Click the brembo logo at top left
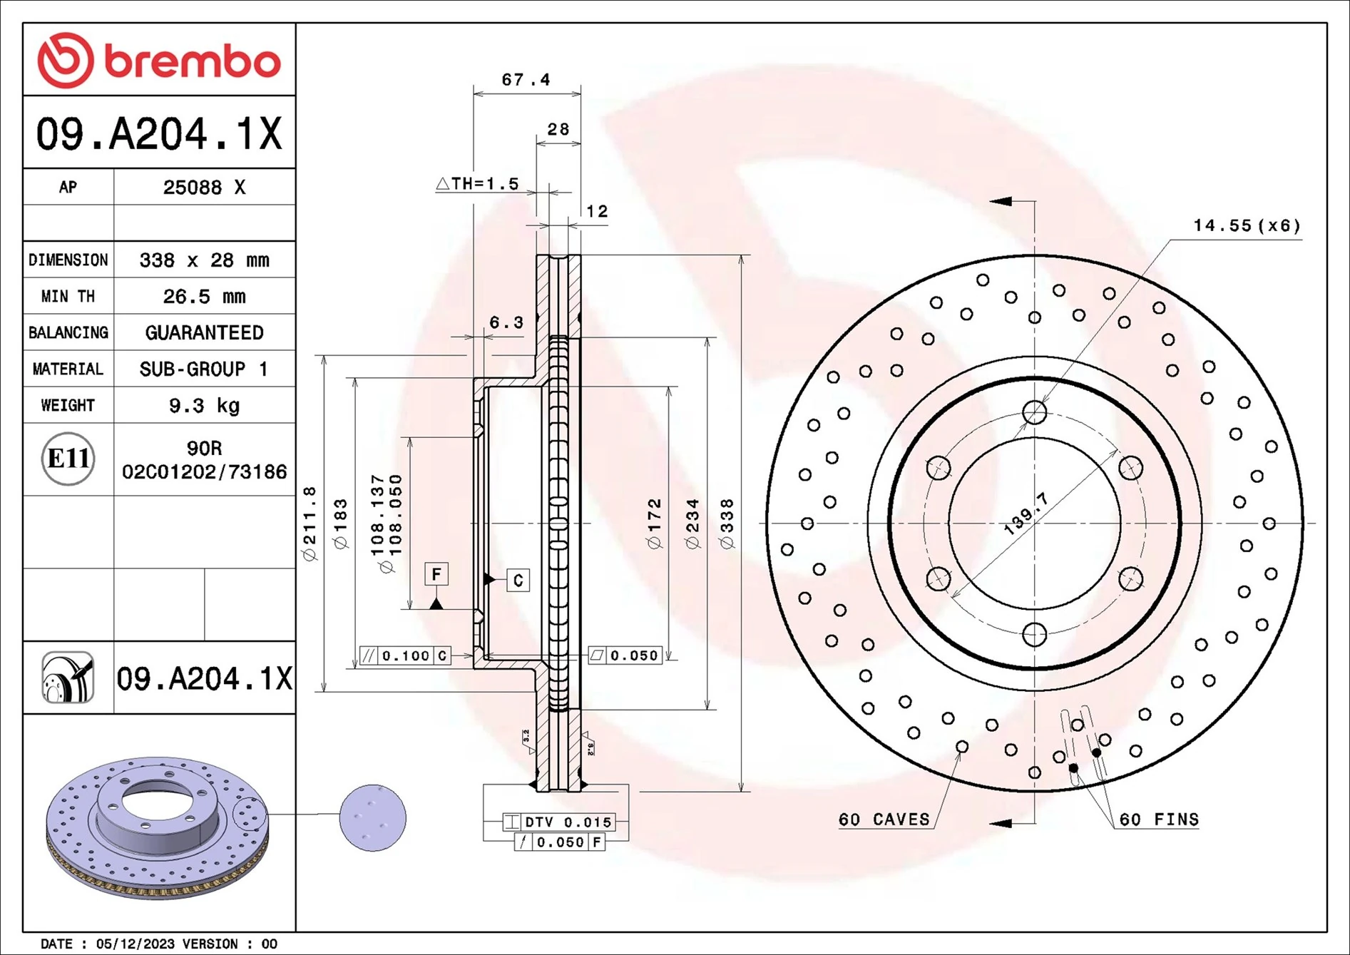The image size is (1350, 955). pos(158,60)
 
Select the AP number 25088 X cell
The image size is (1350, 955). pos(204,188)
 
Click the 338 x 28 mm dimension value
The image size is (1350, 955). pos(204,260)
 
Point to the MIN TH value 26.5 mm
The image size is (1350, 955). pos(204,297)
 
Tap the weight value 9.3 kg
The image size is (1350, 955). pos(204,406)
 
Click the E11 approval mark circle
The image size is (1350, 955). pos(68,459)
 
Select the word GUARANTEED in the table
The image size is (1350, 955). pos(204,333)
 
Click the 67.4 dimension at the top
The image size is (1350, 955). pos(526,80)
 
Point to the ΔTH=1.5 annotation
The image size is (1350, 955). pos(477,184)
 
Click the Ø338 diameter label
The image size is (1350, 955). pos(727,524)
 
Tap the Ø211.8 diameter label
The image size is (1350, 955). pos(310,524)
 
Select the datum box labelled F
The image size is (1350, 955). pos(436,574)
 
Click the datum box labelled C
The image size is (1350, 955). pos(518,581)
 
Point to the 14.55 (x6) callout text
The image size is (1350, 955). pos(1247,226)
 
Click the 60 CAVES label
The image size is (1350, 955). pos(884,819)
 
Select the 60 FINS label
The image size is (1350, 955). pos(1158,819)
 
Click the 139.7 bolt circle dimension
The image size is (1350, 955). pos(1026,514)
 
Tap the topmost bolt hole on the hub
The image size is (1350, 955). pos(1034,412)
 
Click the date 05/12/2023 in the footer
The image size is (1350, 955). pos(135,944)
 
